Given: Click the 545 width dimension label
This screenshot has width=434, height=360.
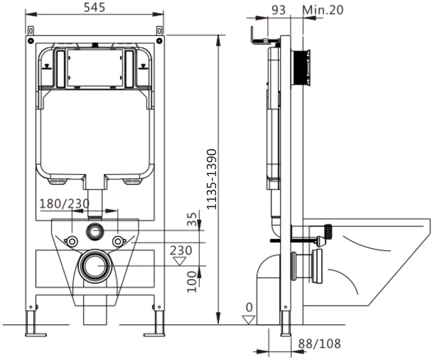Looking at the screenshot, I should pos(94,7).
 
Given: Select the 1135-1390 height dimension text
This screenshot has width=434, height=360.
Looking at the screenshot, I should pos(211,179).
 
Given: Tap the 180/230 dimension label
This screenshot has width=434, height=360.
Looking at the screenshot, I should pos(64,204).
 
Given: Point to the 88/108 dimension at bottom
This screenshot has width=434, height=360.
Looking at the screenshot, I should pos(319,343).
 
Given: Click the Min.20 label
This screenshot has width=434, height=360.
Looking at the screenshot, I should pos(323,10).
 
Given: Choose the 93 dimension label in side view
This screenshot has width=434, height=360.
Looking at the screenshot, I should pos(279,10).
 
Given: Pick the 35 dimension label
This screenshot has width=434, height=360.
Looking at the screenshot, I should pos(192,219).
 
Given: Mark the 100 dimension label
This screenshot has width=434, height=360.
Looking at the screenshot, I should pos(192,282).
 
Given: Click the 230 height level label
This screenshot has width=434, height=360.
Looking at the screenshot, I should pos(181,250).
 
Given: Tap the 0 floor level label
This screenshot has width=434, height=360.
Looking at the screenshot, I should pos(249,307).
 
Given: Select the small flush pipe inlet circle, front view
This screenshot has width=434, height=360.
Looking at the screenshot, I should pos(95,231).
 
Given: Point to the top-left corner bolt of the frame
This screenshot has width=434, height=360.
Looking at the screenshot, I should pos(31,40).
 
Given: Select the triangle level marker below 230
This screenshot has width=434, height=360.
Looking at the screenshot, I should pos(179,261).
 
